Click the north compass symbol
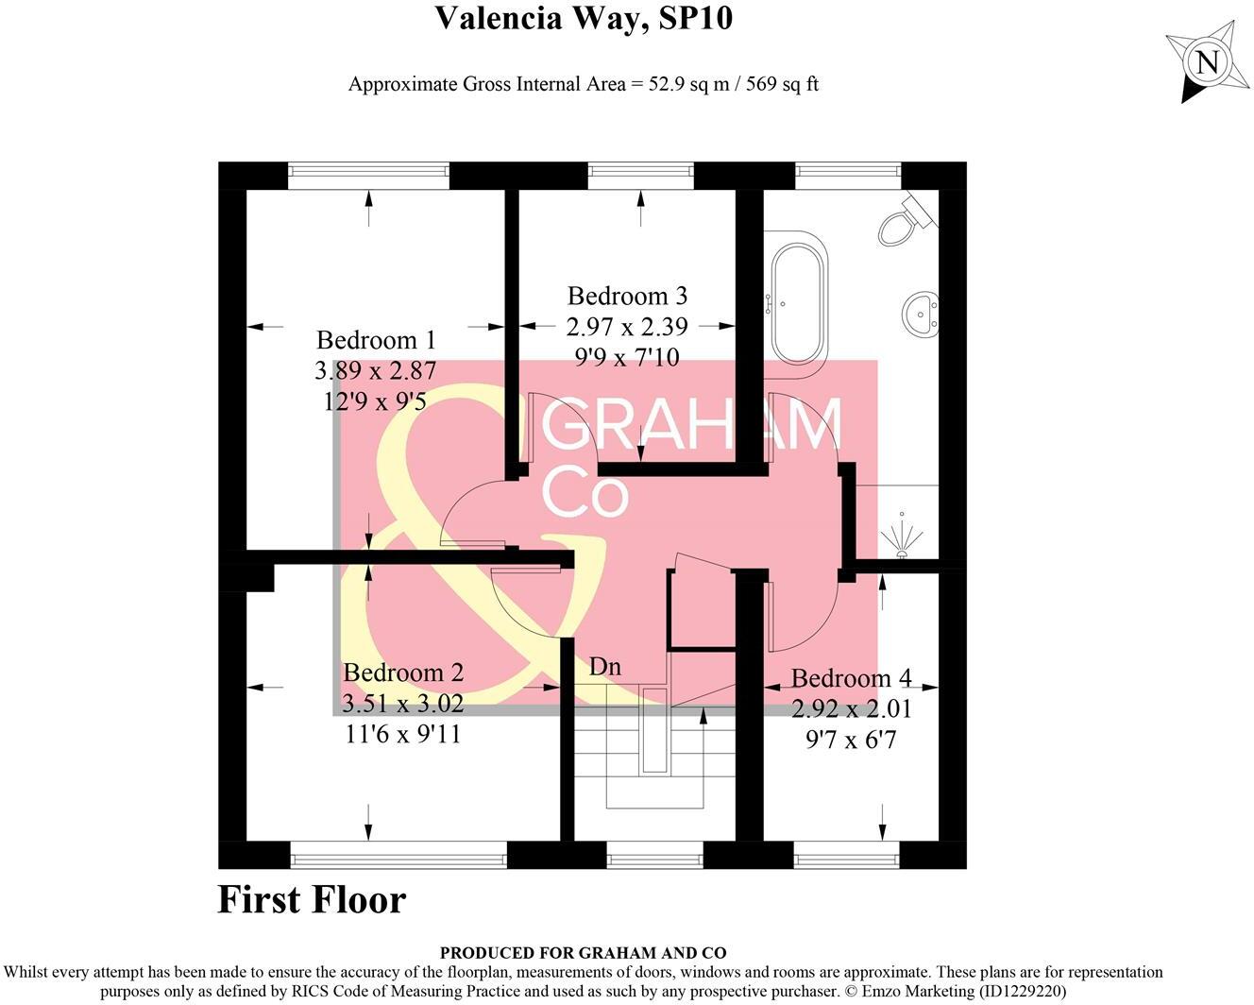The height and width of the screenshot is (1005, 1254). pos(1206,62)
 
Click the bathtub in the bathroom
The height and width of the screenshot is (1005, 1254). pos(799,300)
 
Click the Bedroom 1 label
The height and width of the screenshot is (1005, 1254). pos(376,340)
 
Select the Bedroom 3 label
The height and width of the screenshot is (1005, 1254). pos(627,296)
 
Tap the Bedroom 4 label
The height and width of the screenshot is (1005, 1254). pos(851,678)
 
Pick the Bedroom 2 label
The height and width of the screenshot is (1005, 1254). pos(403,673)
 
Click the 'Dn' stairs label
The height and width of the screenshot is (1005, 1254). pos(604,666)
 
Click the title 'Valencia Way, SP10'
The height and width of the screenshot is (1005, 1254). pos(583,18)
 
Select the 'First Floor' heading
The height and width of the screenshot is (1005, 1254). pos(312,899)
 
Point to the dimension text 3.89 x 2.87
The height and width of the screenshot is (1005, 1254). pos(376,370)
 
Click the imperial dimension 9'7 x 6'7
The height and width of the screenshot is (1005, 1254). pos(851,740)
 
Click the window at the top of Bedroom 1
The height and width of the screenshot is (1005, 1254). pos(368,171)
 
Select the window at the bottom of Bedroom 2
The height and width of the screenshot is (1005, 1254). pos(398,860)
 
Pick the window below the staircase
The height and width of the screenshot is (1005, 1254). pos(654,860)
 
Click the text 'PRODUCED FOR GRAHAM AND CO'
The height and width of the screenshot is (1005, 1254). pos(583,953)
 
